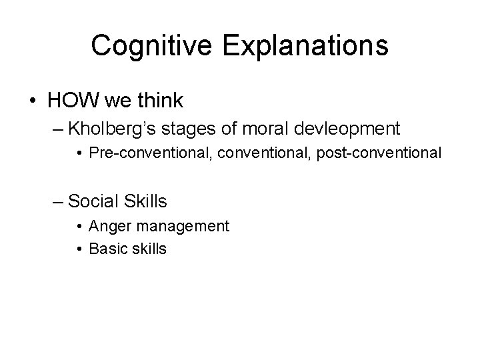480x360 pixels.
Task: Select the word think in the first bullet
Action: pos(160,101)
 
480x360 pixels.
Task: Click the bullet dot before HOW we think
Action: pos(33,102)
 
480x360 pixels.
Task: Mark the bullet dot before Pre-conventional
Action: pos(80,153)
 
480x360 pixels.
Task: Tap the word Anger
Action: pos(109,226)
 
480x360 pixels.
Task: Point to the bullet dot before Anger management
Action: pos(80,227)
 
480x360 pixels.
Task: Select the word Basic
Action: pos(108,249)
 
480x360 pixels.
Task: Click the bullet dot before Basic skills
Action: pos(80,249)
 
